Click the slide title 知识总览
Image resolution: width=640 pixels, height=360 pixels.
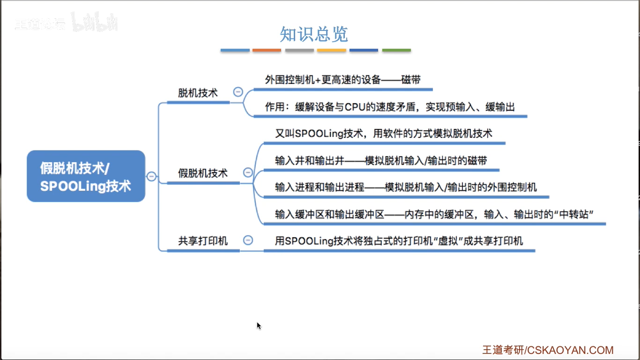314,35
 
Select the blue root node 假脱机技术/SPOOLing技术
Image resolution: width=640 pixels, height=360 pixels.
86,176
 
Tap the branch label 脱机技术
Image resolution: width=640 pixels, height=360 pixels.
198,93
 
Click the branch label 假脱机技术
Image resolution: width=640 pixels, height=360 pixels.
203,173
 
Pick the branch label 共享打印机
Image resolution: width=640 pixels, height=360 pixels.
203,241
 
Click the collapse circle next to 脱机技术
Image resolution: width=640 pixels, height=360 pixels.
238,92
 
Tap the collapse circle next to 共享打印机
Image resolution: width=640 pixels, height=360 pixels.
248,240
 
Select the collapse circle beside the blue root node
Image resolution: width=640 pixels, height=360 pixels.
151,176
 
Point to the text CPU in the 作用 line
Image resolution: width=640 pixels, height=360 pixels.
355,107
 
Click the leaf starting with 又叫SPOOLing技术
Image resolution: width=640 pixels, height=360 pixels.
383,134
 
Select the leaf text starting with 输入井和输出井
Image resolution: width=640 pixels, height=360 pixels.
381,161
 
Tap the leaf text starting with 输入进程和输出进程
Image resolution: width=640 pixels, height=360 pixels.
406,187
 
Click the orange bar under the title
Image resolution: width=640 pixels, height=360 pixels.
267,50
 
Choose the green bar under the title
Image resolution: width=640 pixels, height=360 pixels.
396,50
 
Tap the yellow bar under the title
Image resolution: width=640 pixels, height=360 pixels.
331,50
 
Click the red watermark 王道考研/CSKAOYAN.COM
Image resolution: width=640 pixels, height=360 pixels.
548,350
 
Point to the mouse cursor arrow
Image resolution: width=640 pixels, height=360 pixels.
258,325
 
